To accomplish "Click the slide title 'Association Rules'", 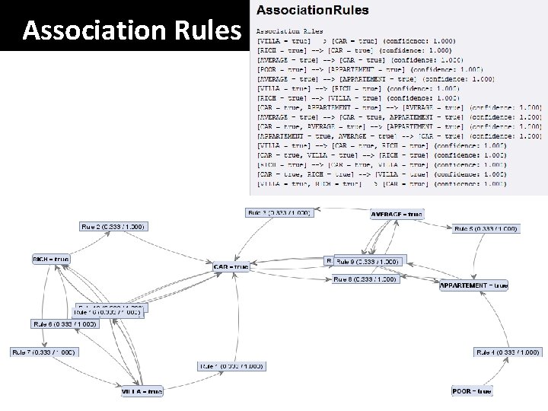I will (x=132, y=30).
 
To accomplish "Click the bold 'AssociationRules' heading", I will (x=313, y=11).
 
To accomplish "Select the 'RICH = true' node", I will (x=51, y=259).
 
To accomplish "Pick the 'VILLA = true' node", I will (x=142, y=391).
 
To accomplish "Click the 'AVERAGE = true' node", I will (x=397, y=214).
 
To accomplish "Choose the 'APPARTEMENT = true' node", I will (x=473, y=285).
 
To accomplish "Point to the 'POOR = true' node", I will (x=472, y=391).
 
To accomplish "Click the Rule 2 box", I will (x=113, y=227).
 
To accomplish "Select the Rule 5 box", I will (x=486, y=228).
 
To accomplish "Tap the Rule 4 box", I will (x=508, y=352).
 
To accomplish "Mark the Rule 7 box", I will (x=43, y=352).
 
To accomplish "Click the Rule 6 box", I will (x=65, y=324).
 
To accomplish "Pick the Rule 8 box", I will (x=366, y=279).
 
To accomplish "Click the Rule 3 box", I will (x=279, y=213).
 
